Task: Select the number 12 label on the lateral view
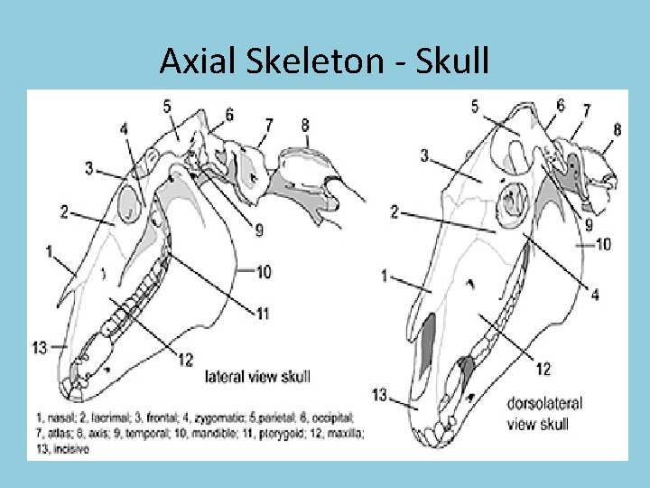(x=186, y=360)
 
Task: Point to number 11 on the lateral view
(x=263, y=314)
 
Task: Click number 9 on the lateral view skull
(x=259, y=230)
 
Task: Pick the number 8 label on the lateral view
(x=305, y=126)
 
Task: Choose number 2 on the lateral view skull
(x=64, y=211)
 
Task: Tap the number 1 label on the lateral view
(x=49, y=250)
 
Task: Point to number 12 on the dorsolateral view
(x=543, y=368)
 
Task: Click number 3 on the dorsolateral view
(x=423, y=155)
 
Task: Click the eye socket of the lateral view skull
(x=129, y=202)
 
